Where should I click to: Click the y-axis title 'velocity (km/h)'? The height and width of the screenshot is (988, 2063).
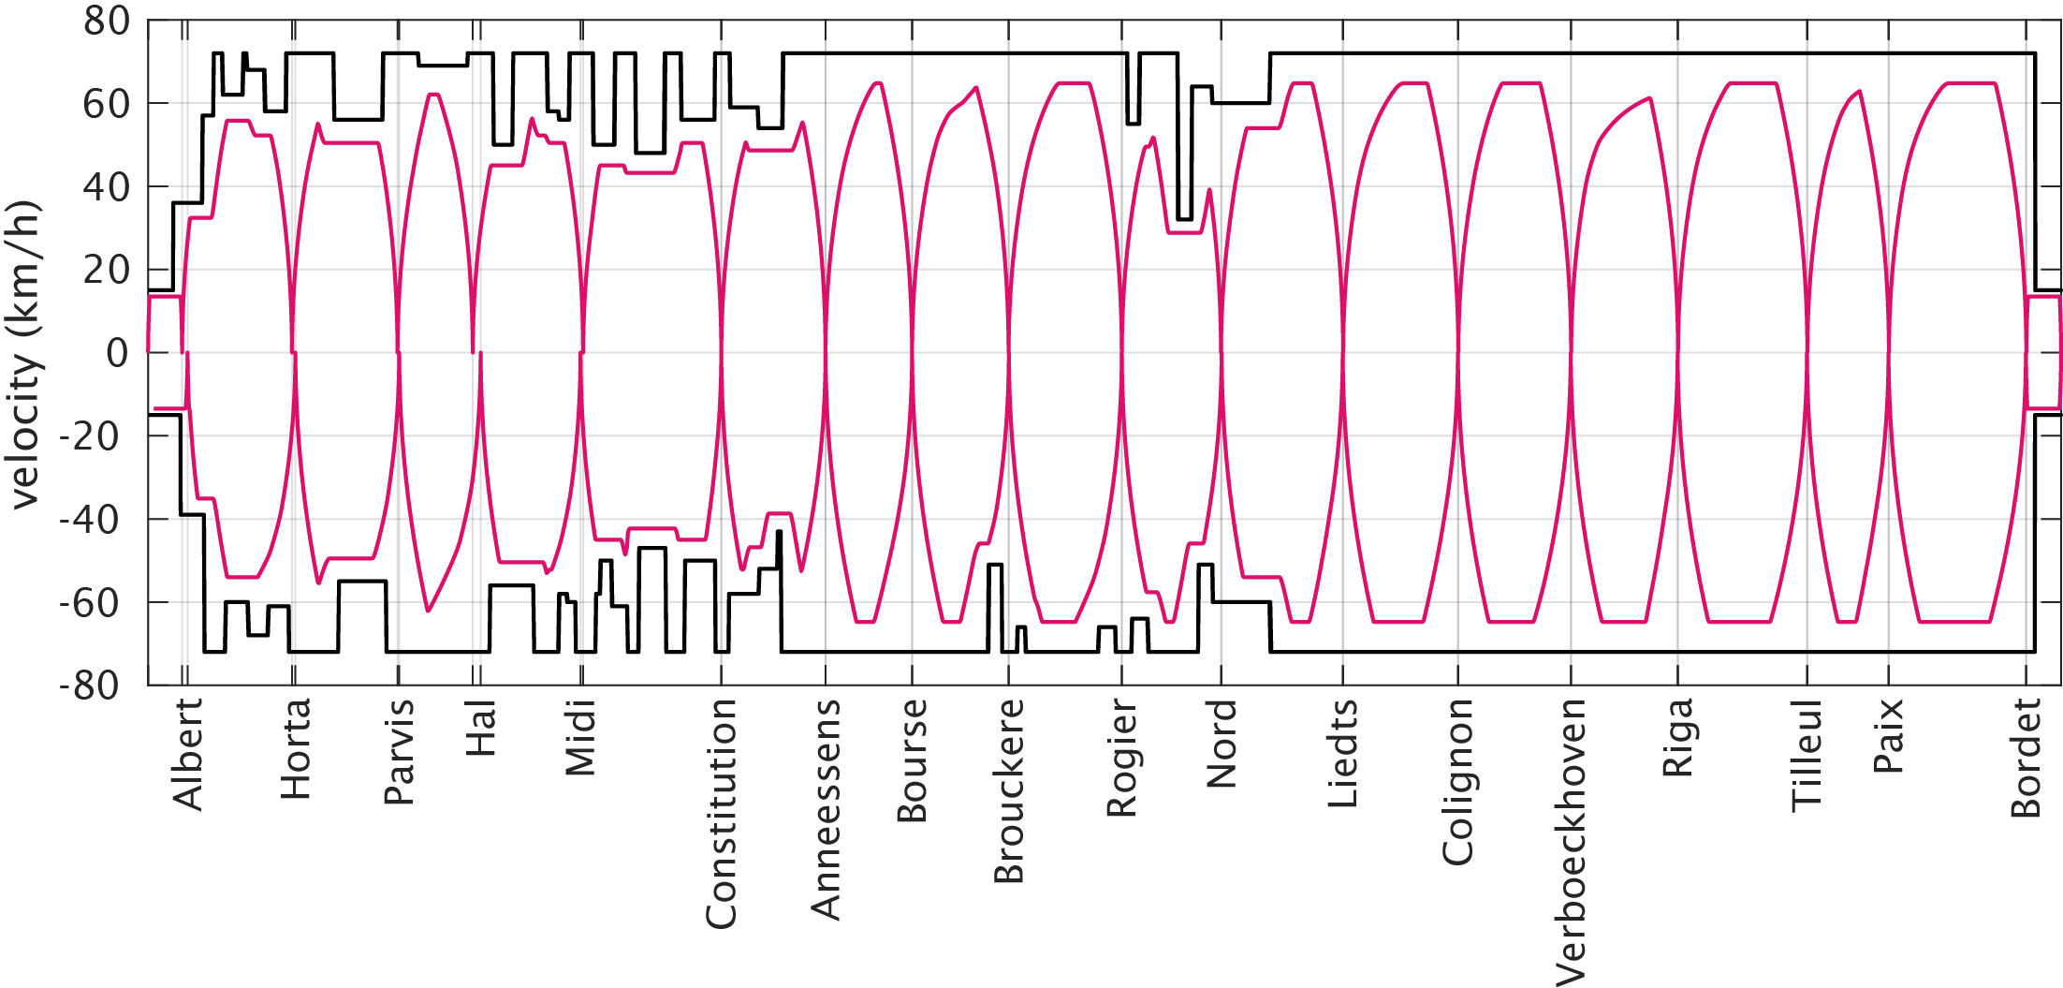25,354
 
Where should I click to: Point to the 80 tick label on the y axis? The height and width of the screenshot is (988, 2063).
106,21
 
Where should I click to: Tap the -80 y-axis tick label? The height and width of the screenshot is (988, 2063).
90,686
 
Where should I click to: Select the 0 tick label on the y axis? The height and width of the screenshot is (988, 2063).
117,353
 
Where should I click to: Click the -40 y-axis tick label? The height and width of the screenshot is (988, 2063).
90,519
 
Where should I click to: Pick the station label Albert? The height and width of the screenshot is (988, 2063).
187,755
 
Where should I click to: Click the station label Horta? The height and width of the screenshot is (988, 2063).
296,749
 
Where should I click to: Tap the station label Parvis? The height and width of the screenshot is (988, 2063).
400,752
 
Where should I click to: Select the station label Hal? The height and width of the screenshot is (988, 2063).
480,730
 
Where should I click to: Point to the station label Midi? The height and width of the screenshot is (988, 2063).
580,738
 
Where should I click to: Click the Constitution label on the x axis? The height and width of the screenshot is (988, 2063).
722,814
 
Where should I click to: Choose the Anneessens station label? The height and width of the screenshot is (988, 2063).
826,810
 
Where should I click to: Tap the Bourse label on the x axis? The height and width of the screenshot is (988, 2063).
913,760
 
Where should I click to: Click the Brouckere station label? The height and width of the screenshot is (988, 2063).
1009,791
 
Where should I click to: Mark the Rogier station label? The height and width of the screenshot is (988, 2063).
1121,759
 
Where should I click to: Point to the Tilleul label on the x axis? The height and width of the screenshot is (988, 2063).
1807,755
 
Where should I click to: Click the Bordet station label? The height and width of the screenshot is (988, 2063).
2026,759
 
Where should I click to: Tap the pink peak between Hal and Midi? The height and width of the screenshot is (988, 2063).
532,119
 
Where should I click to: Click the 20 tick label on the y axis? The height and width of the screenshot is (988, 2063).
106,270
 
